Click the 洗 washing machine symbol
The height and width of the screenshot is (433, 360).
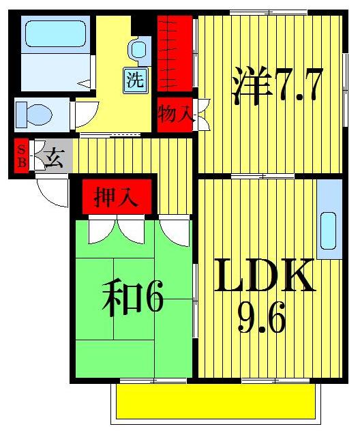tap(134, 80)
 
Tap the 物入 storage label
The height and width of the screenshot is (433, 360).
tap(175, 114)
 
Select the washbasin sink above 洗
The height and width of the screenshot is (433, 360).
tap(138, 49)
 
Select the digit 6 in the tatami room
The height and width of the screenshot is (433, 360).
tap(154, 301)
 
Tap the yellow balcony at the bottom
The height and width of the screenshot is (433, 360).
tap(215, 402)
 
